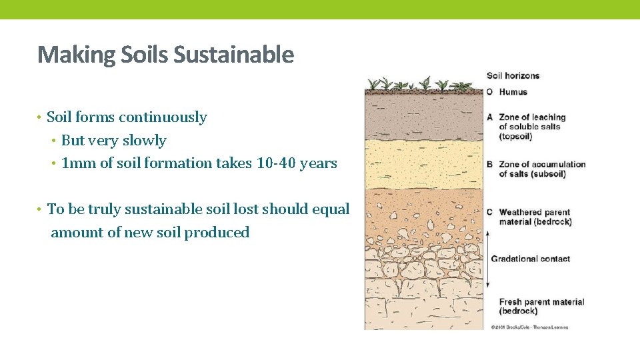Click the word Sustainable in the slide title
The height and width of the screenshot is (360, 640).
(233, 55)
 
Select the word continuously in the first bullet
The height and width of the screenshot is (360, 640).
(163, 117)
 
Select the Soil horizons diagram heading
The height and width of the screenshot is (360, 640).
(513, 76)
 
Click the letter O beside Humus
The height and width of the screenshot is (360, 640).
(490, 92)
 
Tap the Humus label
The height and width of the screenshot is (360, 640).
(513, 92)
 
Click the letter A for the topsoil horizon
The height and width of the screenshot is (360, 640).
(490, 117)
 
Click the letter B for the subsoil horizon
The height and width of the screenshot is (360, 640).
(490, 164)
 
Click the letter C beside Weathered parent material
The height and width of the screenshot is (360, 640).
(490, 212)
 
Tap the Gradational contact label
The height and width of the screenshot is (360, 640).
(531, 259)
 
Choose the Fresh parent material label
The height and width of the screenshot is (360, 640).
(541, 302)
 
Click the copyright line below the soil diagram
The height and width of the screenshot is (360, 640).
(529, 327)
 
